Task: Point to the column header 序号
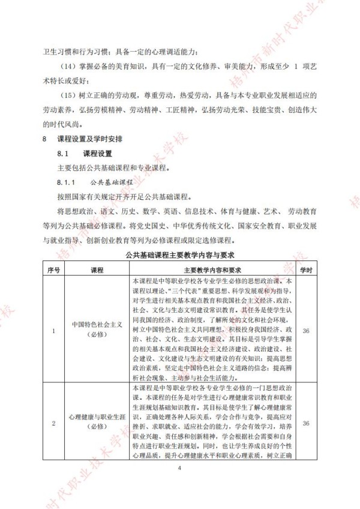pos(54,268)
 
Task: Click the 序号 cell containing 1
pos(54,330)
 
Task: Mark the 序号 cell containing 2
pos(54,424)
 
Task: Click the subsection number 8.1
pos(62,153)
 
